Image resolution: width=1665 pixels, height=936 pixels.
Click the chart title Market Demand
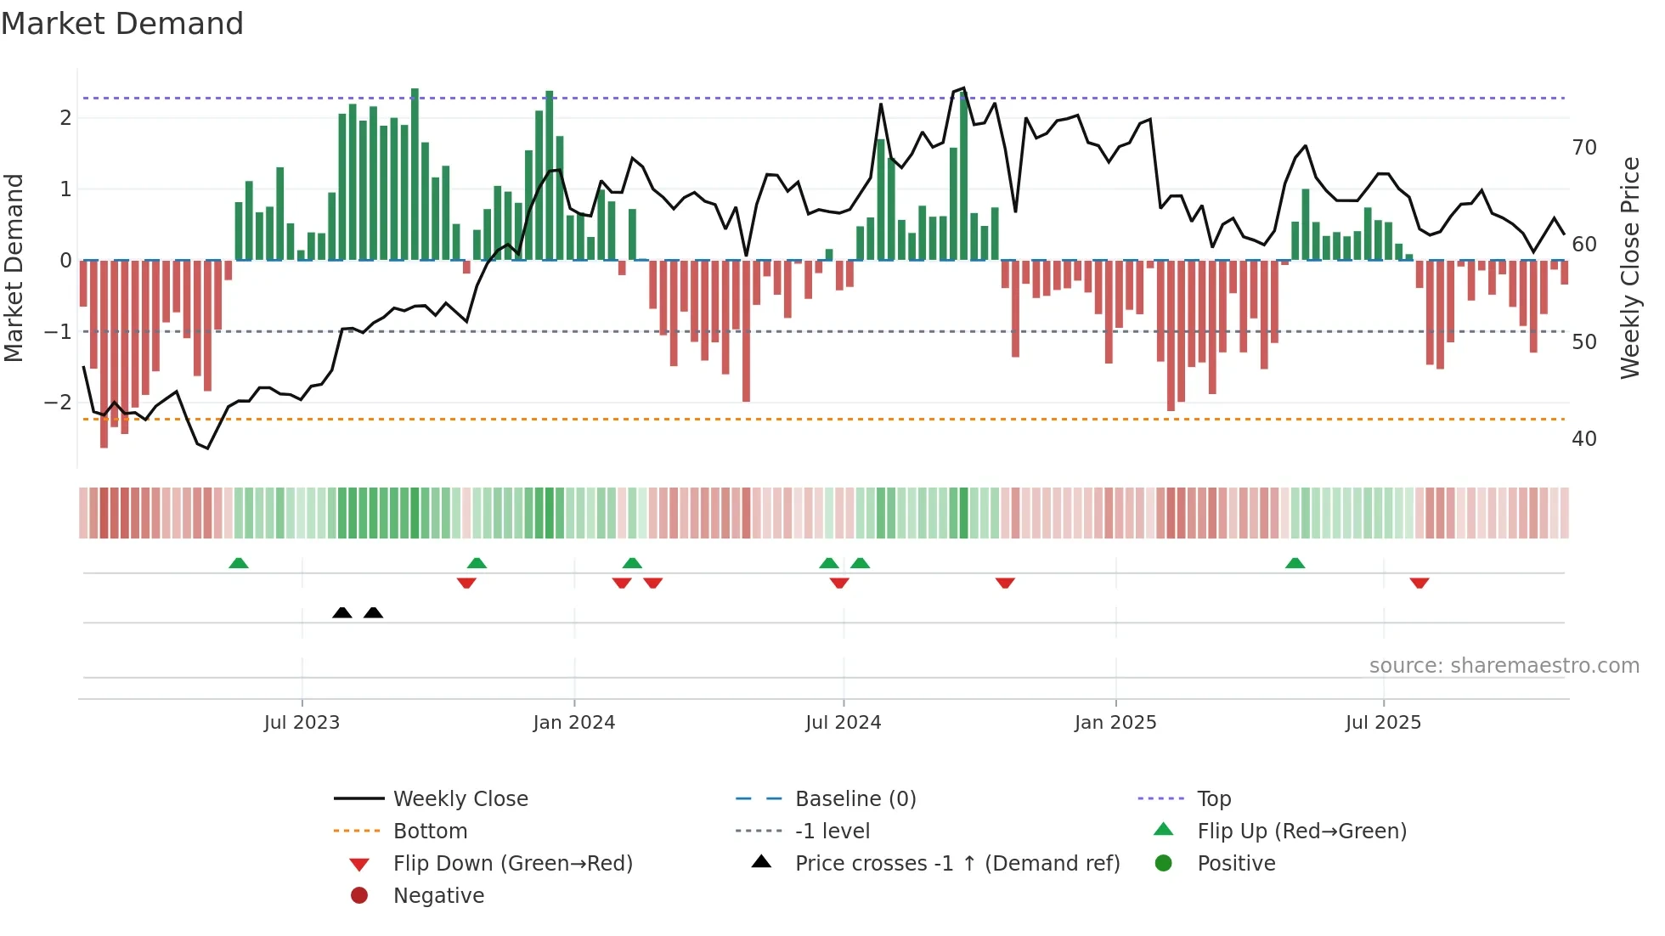[122, 24]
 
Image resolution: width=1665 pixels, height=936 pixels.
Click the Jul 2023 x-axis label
[302, 723]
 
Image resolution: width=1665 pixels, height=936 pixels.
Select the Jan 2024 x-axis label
[573, 723]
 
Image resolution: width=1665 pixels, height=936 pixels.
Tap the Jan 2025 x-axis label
[1115, 723]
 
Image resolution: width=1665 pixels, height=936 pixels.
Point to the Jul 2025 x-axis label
[1383, 723]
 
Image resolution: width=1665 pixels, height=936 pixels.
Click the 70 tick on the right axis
[1583, 148]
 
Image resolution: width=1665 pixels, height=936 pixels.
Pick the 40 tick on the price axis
[1583, 439]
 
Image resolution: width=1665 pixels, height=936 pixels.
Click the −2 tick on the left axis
[59, 403]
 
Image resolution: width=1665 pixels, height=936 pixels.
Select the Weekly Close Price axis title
[1629, 268]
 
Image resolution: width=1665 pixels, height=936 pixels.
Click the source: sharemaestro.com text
[1504, 666]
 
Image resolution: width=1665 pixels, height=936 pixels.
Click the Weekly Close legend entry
[460, 799]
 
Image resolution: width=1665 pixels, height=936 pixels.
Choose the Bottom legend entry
[430, 832]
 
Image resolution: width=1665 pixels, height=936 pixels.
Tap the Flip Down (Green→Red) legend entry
[512, 864]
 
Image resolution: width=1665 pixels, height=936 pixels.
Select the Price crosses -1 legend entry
[957, 864]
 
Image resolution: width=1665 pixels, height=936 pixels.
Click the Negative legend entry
[438, 896]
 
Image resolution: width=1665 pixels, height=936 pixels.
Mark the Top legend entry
[1213, 799]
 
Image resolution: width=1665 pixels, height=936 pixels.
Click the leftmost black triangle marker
[342, 613]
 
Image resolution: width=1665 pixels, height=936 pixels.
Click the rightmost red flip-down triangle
[1419, 583]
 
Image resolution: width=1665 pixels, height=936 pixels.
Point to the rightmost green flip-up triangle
[1295, 563]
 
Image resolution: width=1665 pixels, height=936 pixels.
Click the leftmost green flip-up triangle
[239, 563]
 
